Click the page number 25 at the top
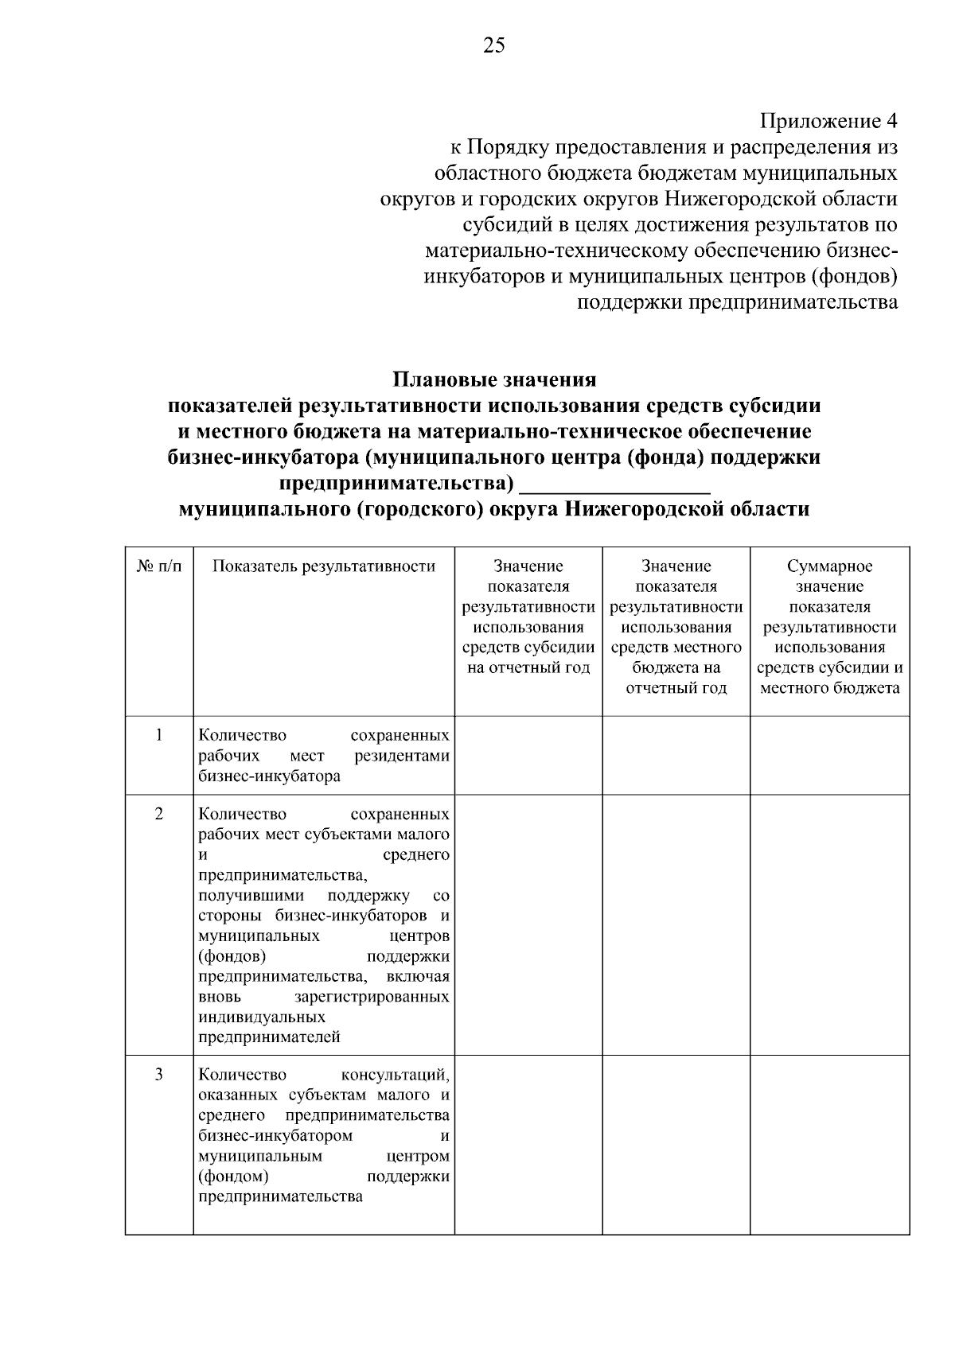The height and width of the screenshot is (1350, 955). (493, 45)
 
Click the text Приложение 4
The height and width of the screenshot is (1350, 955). (828, 121)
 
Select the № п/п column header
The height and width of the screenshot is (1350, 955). (159, 566)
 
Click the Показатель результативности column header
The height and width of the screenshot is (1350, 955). (324, 566)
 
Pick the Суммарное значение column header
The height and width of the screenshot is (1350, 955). (829, 627)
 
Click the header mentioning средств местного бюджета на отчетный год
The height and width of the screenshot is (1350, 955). (676, 627)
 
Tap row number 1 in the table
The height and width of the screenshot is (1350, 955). (159, 735)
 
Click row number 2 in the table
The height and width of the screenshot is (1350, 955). (159, 815)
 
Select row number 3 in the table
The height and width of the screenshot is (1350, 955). (159, 1076)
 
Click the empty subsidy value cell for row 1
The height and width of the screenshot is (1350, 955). (528, 755)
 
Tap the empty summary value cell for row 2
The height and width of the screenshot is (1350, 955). (829, 924)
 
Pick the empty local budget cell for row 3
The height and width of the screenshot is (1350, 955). (676, 1144)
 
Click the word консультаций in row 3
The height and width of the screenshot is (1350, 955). (395, 1076)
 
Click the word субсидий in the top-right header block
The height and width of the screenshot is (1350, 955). (501, 224)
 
